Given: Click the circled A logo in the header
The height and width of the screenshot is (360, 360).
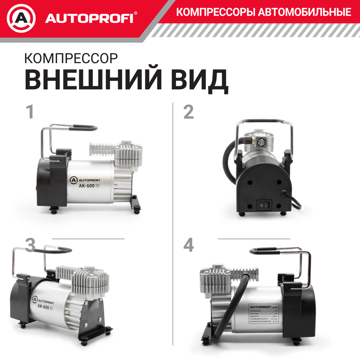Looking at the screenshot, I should click(21, 19).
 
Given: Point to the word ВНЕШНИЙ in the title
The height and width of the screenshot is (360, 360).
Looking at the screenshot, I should click(95, 79).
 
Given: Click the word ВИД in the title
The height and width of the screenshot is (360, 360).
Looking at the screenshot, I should click(201, 79).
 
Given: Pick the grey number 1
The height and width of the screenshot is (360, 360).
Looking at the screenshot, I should click(30, 112).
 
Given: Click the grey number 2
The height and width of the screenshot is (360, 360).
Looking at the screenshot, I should click(189, 112).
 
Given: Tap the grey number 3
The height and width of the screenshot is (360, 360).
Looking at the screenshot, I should click(30, 245).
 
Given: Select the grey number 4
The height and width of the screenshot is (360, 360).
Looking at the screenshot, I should click(189, 245).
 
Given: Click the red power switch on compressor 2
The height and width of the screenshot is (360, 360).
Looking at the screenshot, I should click(263, 205).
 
